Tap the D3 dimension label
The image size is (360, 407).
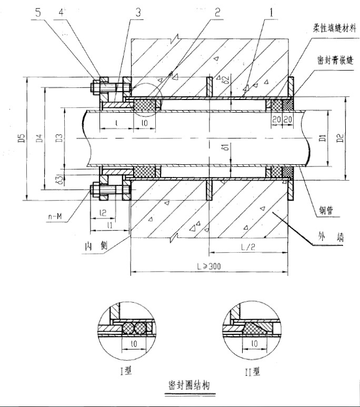59,139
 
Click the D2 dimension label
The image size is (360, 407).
341,140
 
